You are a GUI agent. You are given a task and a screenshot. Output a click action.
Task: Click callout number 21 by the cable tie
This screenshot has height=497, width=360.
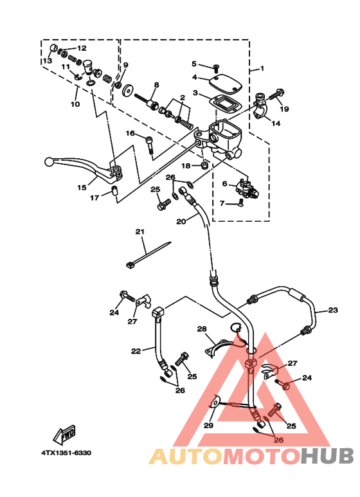(139, 231)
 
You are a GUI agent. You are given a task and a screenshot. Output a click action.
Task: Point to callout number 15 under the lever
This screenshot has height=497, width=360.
(82, 188)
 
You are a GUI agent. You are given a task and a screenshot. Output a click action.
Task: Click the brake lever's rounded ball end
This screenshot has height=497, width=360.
(49, 161)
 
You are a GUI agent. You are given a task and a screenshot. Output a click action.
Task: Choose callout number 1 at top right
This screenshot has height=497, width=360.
(261, 68)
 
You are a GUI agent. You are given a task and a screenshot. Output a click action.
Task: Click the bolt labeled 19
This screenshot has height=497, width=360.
(277, 94)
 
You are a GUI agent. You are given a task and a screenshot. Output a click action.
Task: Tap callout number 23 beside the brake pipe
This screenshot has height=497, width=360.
(332, 311)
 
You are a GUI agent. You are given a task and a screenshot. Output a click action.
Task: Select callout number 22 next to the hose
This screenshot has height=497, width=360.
(135, 351)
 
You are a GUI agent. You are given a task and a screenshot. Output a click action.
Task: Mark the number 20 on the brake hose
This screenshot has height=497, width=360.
(181, 221)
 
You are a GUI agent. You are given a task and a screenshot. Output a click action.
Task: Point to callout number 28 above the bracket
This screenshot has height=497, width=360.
(202, 329)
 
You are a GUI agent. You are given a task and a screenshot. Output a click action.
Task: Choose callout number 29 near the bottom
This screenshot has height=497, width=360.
(208, 426)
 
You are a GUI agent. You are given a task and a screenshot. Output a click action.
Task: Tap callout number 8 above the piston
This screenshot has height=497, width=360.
(156, 86)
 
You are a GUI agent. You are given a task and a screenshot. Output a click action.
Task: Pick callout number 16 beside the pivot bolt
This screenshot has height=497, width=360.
(130, 134)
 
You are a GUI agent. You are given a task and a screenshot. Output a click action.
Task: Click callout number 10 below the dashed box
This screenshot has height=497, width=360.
(75, 104)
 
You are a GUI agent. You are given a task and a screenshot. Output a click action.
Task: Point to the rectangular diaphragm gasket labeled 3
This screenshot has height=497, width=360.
(225, 103)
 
